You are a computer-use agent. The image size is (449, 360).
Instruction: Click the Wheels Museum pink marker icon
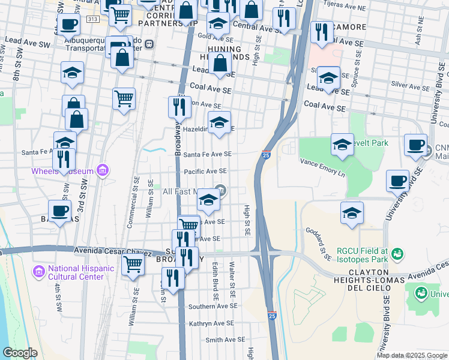[x=101, y=171]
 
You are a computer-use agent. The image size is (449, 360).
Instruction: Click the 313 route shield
[x=92, y=19]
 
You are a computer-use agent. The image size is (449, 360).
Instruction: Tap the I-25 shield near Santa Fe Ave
[x=266, y=155]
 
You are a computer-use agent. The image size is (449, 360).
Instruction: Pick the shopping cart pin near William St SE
[x=133, y=263]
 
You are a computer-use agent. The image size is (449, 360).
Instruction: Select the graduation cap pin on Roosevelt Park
[x=342, y=144]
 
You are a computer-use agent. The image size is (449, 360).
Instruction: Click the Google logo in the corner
[x=20, y=352]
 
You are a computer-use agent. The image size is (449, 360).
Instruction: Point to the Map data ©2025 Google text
[x=411, y=355]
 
